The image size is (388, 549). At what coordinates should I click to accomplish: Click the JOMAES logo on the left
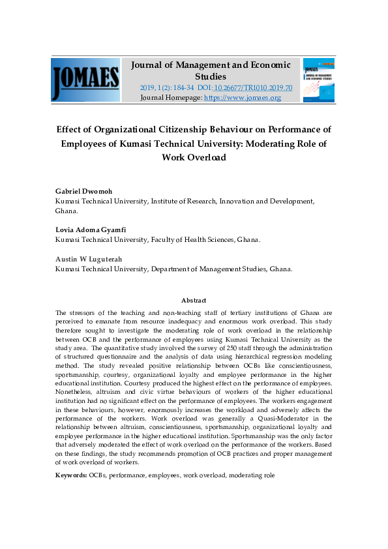pyautogui.click(x=85, y=80)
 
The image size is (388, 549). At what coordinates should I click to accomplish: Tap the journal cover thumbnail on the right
pyautogui.click(x=319, y=80)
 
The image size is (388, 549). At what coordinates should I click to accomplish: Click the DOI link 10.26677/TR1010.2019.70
pyautogui.click(x=254, y=87)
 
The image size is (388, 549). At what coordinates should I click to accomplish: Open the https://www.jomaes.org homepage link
pyautogui.click(x=243, y=98)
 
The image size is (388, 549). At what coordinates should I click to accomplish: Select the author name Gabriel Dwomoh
pyautogui.click(x=83, y=191)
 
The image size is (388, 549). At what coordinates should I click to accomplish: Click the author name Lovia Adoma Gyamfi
pyautogui.click(x=91, y=230)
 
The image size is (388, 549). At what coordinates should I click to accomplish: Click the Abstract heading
pyautogui.click(x=194, y=301)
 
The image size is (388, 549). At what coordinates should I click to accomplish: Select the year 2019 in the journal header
pyautogui.click(x=147, y=87)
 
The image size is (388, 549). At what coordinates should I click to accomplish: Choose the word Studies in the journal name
pyautogui.click(x=211, y=76)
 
